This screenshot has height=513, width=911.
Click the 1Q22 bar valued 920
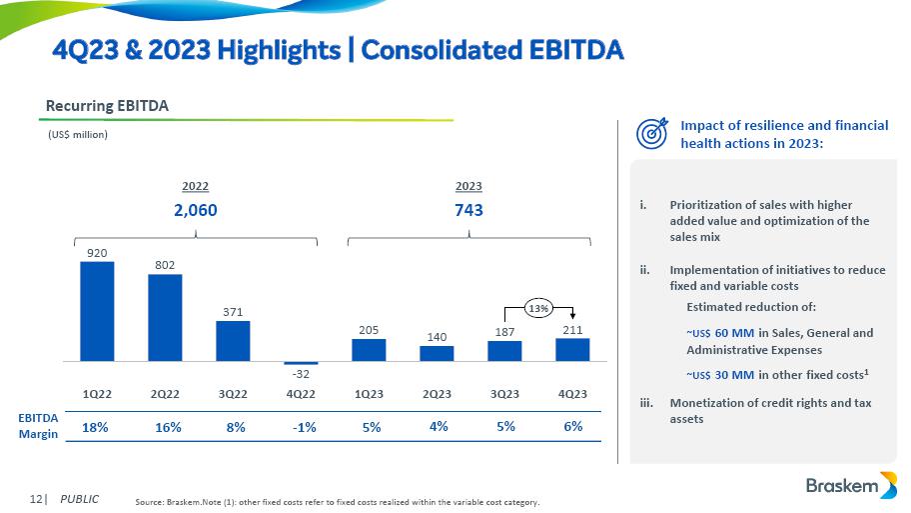(97, 311)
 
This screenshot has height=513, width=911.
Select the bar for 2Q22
(165, 317)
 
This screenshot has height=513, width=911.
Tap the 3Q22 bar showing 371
(233, 340)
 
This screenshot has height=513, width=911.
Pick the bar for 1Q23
(369, 349)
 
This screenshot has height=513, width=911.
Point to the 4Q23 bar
(572, 349)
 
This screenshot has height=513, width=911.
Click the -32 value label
(300, 373)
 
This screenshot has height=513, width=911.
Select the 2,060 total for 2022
(195, 210)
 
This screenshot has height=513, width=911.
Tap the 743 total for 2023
(468, 210)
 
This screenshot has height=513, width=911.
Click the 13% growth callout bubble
(539, 308)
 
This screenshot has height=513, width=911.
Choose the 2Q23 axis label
(437, 393)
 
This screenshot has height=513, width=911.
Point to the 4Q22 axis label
(301, 393)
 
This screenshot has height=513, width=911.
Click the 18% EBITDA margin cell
(95, 427)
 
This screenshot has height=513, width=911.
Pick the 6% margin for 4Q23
(573, 427)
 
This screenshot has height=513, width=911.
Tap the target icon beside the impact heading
(652, 133)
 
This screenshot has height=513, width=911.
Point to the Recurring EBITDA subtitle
(107, 105)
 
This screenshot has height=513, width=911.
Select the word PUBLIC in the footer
(79, 498)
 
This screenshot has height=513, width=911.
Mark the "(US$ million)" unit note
(78, 134)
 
